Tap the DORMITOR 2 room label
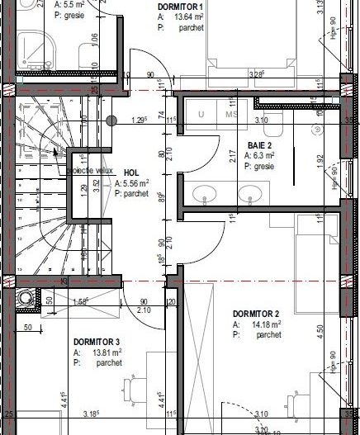click(x=257, y=314)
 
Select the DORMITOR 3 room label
click(x=97, y=341)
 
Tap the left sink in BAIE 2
click(x=203, y=194)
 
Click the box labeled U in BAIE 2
click(x=201, y=115)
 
